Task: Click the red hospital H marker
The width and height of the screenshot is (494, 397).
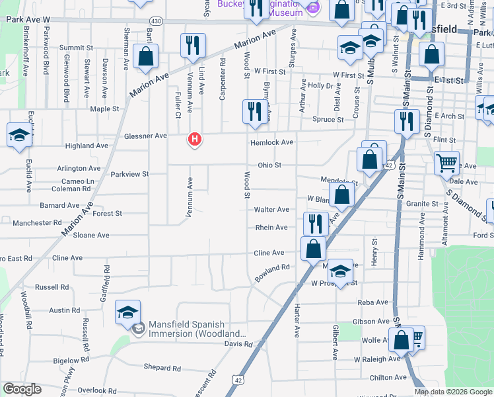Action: click(x=195, y=140)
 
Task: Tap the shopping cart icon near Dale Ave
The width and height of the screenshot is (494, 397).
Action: click(x=447, y=162)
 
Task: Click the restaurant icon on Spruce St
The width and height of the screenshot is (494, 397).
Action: click(x=254, y=112)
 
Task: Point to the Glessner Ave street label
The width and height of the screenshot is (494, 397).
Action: click(x=145, y=136)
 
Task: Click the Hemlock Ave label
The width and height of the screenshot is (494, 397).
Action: click(x=271, y=142)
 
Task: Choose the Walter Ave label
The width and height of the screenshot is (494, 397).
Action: click(x=271, y=210)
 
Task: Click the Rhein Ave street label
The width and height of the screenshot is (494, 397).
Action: click(x=271, y=228)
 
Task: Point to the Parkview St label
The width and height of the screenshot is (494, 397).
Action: click(x=129, y=174)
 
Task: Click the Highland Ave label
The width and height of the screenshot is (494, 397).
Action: click(x=87, y=146)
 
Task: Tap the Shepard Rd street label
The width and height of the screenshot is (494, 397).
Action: click(x=162, y=368)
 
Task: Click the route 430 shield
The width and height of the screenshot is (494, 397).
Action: click(x=156, y=21)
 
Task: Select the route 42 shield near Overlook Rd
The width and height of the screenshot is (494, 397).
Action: click(x=236, y=379)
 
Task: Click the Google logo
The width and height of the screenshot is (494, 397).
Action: click(x=22, y=389)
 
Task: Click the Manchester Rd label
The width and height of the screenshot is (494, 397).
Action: click(x=37, y=224)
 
